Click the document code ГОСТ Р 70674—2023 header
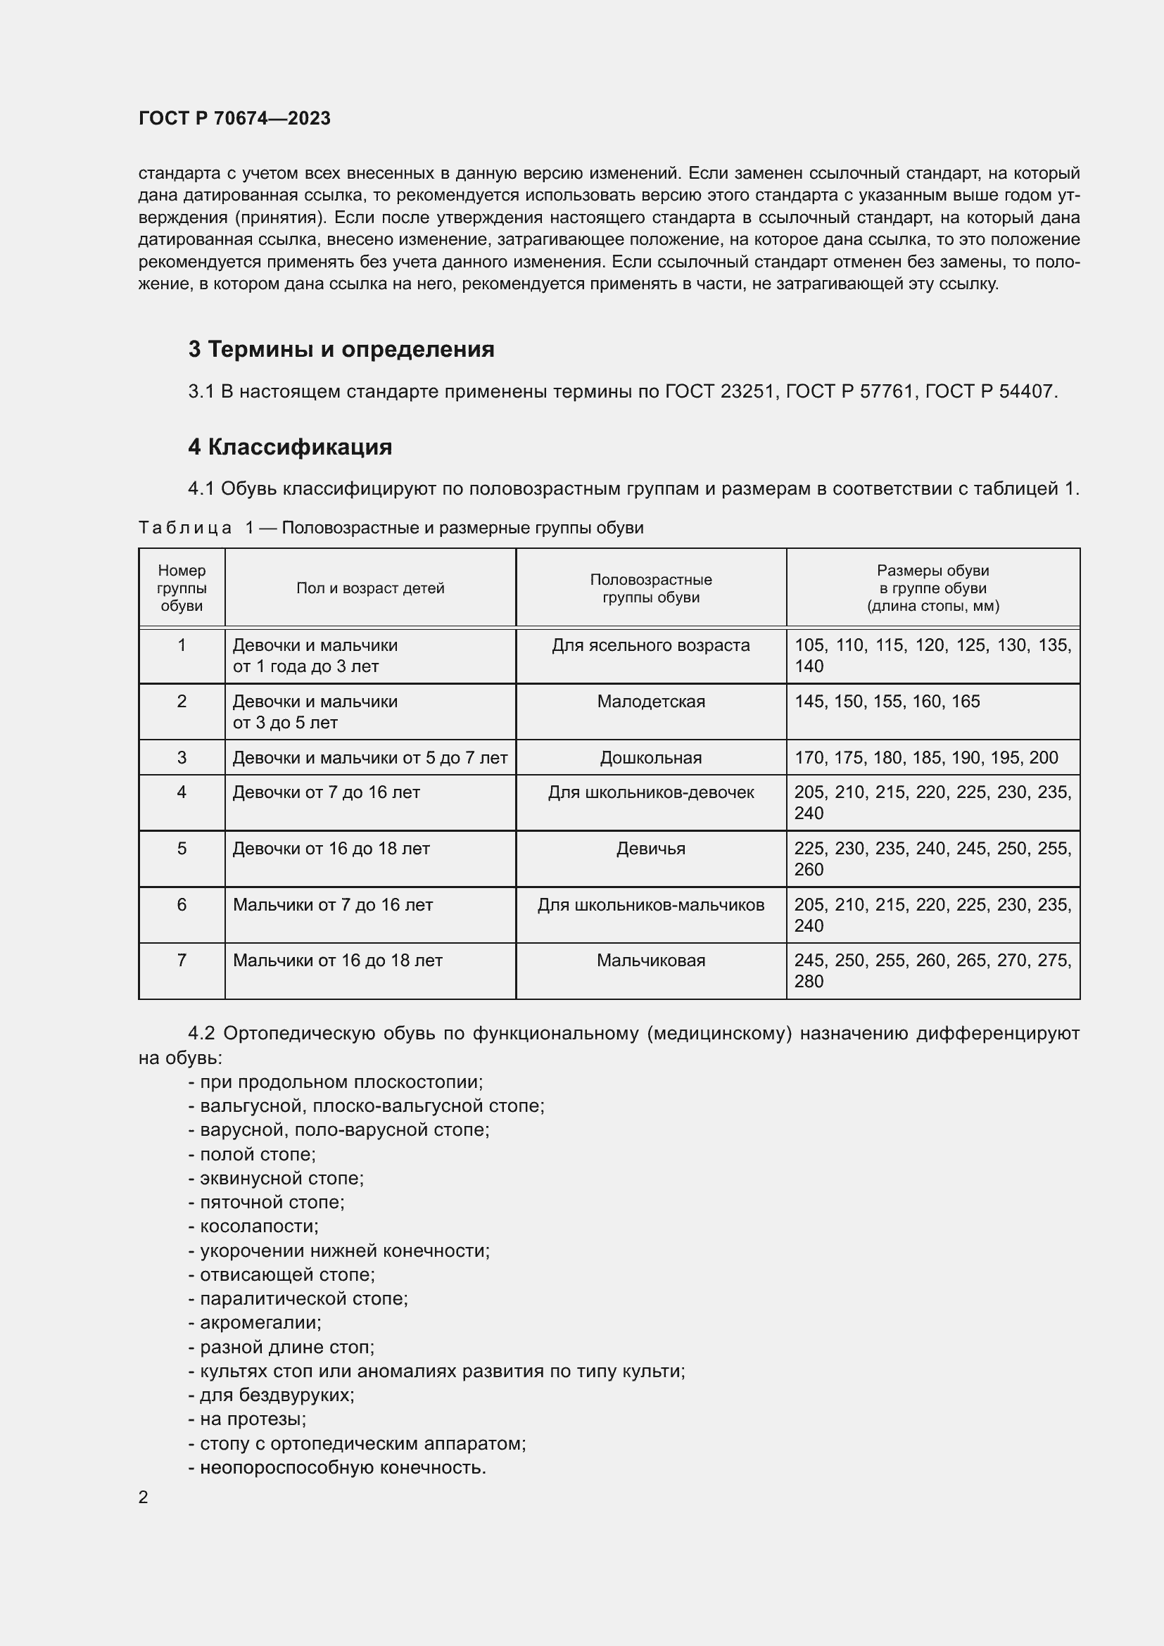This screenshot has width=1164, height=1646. pyautogui.click(x=234, y=118)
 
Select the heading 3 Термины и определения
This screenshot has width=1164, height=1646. pyautogui.click(x=341, y=349)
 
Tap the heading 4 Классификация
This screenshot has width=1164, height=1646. pyautogui.click(x=289, y=447)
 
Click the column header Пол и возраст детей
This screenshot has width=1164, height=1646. pyautogui.click(x=370, y=588)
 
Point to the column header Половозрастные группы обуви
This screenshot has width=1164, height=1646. pyautogui.click(x=651, y=588)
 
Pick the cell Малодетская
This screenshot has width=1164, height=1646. pyautogui.click(x=651, y=701)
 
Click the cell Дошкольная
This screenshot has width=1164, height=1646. pyautogui.click(x=651, y=757)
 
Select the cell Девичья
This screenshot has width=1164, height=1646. pyautogui.click(x=651, y=848)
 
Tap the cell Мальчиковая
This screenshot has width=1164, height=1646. pyautogui.click(x=651, y=960)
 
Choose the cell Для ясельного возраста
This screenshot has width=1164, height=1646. pyautogui.click(x=651, y=645)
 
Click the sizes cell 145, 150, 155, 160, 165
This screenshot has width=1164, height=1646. pyautogui.click(x=887, y=701)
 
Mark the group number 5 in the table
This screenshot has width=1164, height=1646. pyautogui.click(x=182, y=848)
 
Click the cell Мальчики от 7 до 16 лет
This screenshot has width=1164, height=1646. pyautogui.click(x=333, y=905)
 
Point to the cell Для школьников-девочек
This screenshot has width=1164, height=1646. pyautogui.click(x=651, y=792)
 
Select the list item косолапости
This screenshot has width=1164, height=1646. pyautogui.click(x=254, y=1226)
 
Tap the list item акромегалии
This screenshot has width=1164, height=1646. pyautogui.click(x=255, y=1322)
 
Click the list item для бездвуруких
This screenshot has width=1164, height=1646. pyautogui.click(x=272, y=1394)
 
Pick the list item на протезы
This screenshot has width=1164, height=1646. pyautogui.click(x=247, y=1419)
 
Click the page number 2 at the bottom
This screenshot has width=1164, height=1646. pyautogui.click(x=144, y=1497)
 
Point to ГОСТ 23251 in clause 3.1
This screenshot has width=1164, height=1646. pyautogui.click(x=721, y=391)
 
